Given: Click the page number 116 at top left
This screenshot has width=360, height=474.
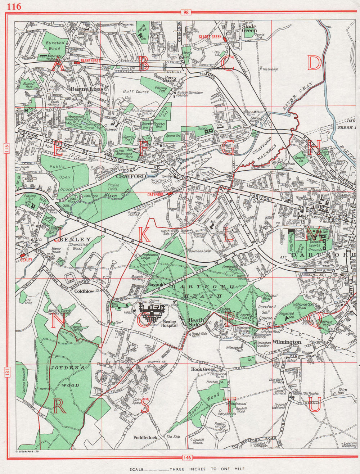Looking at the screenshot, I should (14, 6).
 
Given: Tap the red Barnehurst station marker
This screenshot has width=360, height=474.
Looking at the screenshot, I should (76, 62).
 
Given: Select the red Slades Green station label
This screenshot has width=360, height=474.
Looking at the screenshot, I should (211, 37).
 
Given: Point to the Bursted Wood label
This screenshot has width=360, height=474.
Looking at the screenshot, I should (56, 45).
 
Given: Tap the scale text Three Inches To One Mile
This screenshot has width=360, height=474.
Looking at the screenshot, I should (207, 469).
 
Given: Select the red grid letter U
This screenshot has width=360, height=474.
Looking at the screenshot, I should (314, 406).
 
